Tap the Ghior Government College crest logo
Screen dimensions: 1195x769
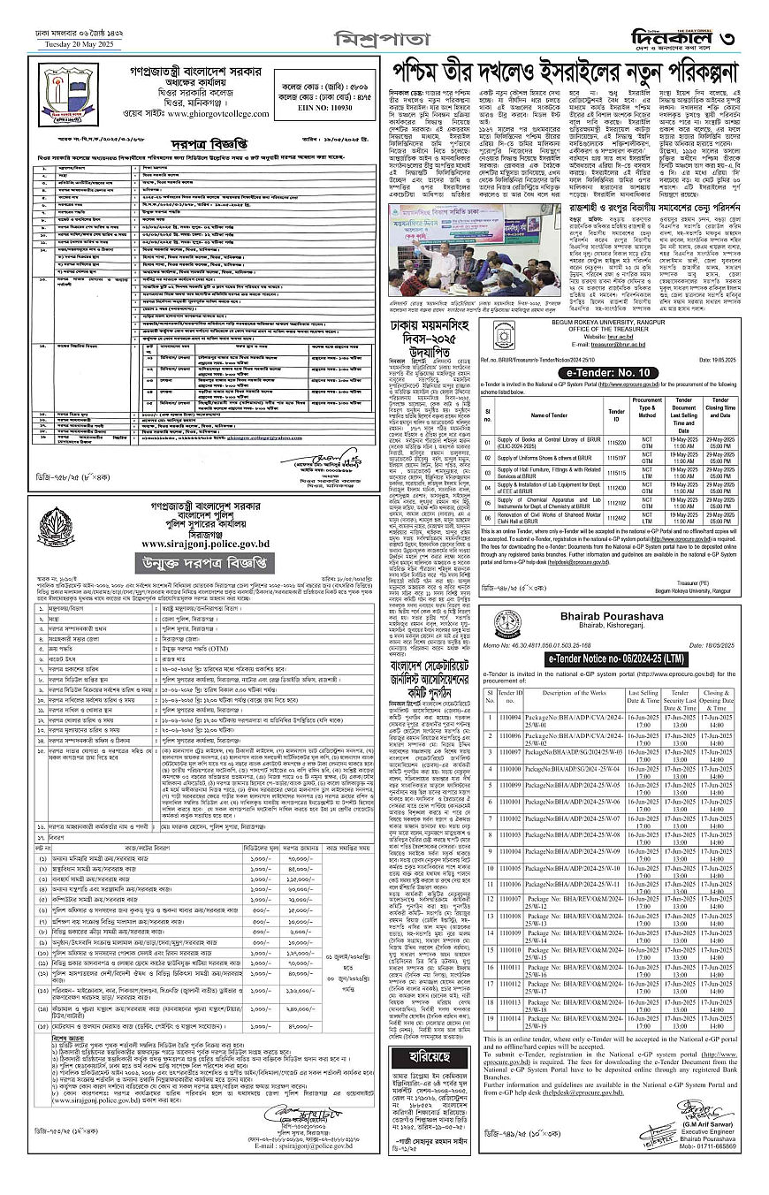click(62, 95)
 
